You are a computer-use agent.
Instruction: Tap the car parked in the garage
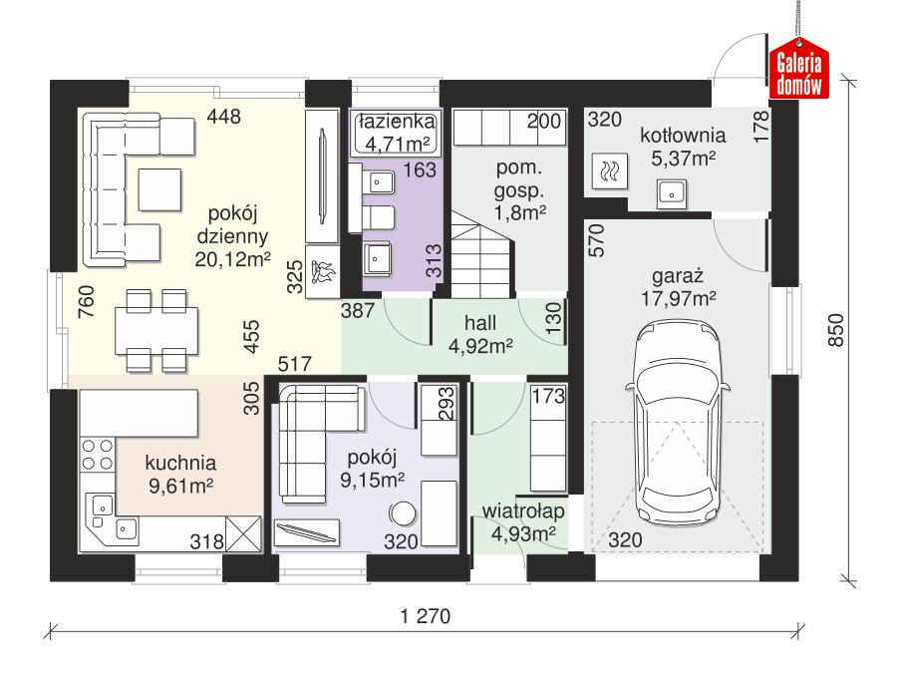[x=677, y=420]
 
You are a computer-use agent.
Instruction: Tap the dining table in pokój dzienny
[x=156, y=328]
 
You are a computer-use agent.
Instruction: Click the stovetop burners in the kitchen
[x=96, y=455]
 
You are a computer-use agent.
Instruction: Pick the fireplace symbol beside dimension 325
[x=323, y=273]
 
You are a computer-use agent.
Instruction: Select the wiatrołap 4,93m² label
[x=523, y=522]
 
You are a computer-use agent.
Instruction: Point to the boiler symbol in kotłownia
[x=608, y=171]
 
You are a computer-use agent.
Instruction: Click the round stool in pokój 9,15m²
[x=404, y=514]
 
